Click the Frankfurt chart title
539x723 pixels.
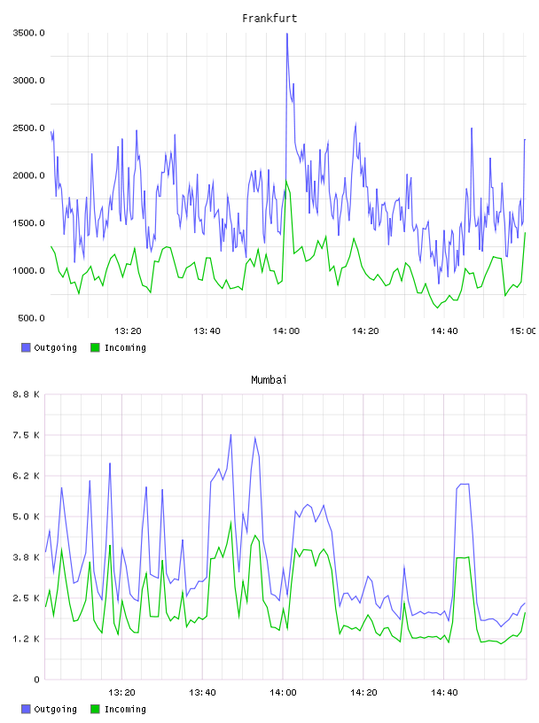click(269, 19)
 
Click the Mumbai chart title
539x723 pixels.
click(269, 380)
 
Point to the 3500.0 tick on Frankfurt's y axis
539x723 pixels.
click(28, 33)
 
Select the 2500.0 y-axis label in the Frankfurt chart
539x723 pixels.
click(28, 128)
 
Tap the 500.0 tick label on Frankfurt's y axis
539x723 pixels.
click(31, 318)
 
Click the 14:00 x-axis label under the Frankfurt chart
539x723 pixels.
click(286, 330)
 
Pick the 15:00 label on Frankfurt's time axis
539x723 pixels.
click(523, 330)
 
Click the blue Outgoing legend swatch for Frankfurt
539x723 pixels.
click(26, 347)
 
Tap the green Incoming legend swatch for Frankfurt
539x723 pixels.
click(95, 347)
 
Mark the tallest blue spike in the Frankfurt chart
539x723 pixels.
click(287, 35)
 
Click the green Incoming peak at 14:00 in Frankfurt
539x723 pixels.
click(286, 181)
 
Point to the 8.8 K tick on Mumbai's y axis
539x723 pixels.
click(27, 394)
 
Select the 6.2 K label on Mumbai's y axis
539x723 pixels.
click(27, 476)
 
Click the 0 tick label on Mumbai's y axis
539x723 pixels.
click(36, 680)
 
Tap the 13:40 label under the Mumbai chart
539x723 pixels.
click(202, 692)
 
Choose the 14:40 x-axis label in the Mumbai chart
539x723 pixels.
click(444, 692)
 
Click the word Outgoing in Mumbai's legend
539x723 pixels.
click(55, 709)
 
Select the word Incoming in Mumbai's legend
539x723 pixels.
click(125, 709)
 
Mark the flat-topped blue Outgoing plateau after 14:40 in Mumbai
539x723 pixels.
click(463, 484)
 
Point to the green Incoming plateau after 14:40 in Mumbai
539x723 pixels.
click(463, 558)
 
